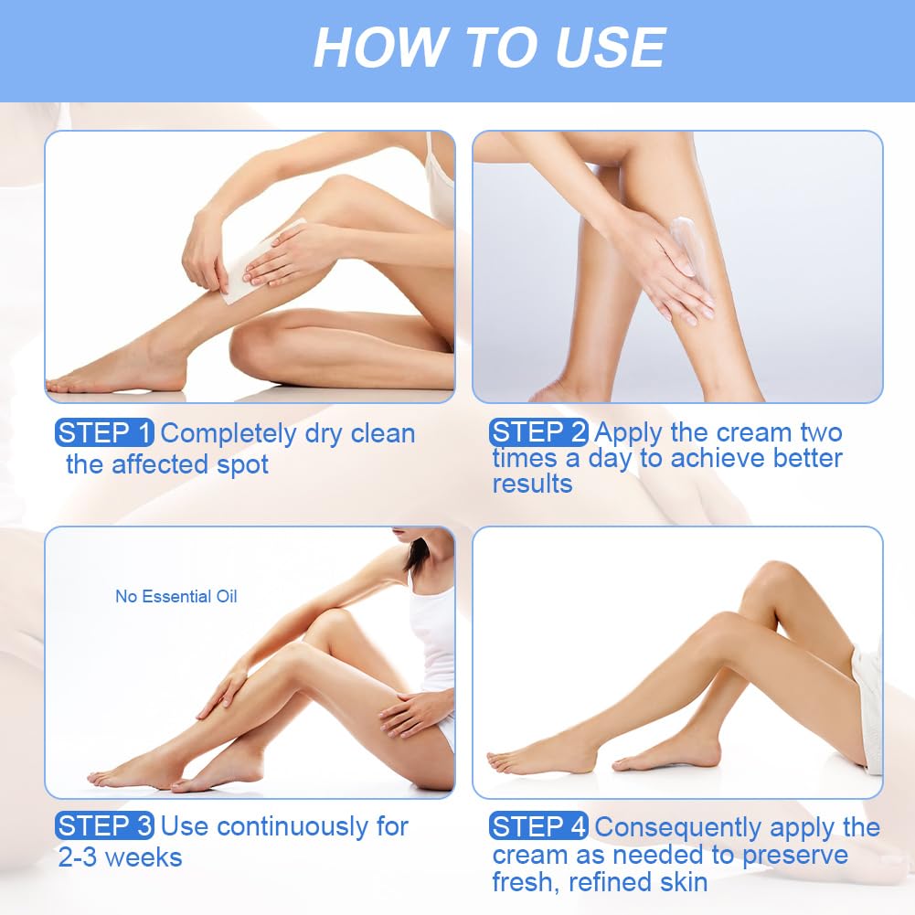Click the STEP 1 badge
tap(104, 433)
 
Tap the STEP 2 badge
tap(538, 432)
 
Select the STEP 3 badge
tap(104, 825)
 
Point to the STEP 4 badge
tap(538, 826)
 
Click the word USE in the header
tap(611, 48)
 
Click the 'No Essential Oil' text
tap(176, 596)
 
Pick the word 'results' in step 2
tap(532, 484)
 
